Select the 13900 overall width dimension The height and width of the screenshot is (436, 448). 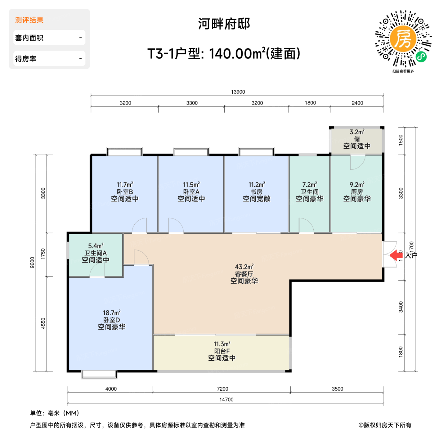coord(238,92)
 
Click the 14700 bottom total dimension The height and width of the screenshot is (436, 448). coord(226,400)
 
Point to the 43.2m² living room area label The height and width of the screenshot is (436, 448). coord(244,267)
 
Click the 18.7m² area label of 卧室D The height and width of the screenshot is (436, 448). coord(111,313)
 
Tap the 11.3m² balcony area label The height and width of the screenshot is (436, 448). coord(222,344)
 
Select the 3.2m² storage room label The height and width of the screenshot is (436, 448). coord(357,132)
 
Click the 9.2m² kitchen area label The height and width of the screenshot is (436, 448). coord(357,185)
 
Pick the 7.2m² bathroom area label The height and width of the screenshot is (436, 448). coord(309,185)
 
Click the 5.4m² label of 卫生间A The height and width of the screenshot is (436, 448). coord(95,246)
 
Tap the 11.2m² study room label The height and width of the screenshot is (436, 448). coord(257,185)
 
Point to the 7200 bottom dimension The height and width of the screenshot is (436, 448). coord(222,389)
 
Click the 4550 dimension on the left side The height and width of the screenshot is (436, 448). coord(43,323)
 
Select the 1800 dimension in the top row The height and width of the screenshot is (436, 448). coord(310,103)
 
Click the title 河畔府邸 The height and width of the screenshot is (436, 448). coord(224,24)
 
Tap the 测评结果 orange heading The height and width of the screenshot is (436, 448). coord(29,20)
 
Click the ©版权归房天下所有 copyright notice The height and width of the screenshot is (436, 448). coord(385,425)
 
